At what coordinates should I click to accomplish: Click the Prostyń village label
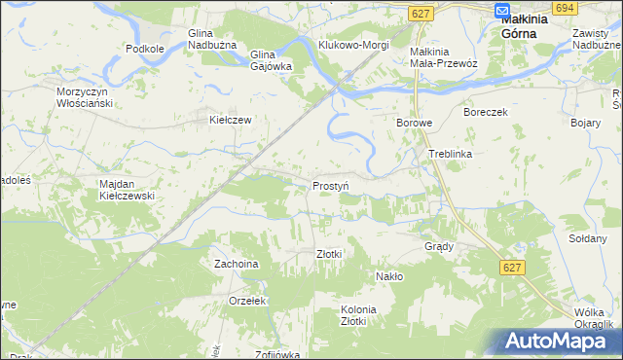point(331,185)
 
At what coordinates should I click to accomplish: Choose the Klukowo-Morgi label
point(353,45)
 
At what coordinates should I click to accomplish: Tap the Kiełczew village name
point(232,121)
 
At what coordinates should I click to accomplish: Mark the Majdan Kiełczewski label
point(128,189)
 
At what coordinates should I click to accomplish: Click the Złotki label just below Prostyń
point(329,254)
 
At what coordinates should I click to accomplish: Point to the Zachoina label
point(237,264)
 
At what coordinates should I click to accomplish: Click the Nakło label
point(389,276)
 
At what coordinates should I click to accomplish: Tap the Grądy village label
point(439,246)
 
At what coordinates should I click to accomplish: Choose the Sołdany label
point(587,238)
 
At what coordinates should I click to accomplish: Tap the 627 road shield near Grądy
point(513,267)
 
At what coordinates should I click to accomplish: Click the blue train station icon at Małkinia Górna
point(502,12)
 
